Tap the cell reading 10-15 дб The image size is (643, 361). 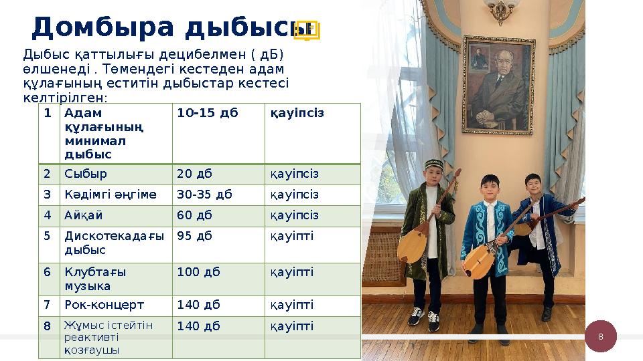point(208,113)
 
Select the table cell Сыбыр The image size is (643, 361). point(86,174)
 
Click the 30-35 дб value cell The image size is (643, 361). point(204,195)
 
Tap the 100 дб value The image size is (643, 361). point(198,272)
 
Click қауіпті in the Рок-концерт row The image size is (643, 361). point(291,305)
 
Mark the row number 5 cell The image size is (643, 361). point(48,236)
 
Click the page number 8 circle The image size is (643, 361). point(601,336)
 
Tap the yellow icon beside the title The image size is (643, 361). point(308,29)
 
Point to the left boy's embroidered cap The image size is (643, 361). point(433,164)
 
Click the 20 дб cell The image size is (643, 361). point(194,174)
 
